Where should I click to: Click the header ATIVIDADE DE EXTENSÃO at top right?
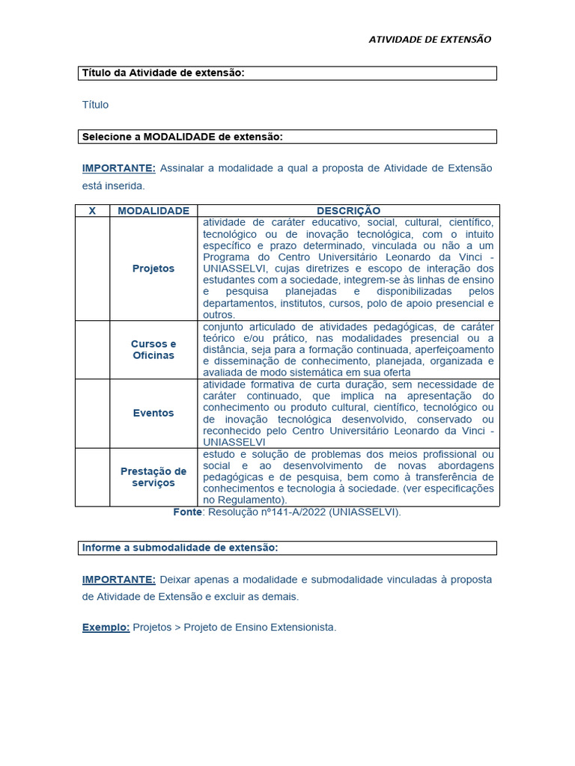coord(430,40)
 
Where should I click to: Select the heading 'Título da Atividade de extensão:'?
coord(163,73)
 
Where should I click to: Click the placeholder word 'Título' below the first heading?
coord(95,105)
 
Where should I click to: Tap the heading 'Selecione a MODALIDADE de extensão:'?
coord(182,137)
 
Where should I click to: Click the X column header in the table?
coord(92,211)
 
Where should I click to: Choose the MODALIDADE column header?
coord(153,211)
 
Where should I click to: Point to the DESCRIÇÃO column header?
coord(348,211)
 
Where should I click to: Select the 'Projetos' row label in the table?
coord(153,269)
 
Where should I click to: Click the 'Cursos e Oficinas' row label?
coord(153,349)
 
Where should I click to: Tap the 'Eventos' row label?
coord(153,413)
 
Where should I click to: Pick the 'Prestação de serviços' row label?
coord(153,477)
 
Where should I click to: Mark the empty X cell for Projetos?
coord(92,269)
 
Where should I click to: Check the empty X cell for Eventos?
coord(92,413)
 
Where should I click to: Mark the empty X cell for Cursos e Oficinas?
coord(92,349)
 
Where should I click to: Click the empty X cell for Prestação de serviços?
coord(92,477)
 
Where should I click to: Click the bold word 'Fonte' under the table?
coord(187,512)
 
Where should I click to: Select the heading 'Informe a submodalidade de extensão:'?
coord(180,548)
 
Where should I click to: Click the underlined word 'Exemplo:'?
coord(106,627)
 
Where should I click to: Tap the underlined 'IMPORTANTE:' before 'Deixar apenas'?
coord(118,580)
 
